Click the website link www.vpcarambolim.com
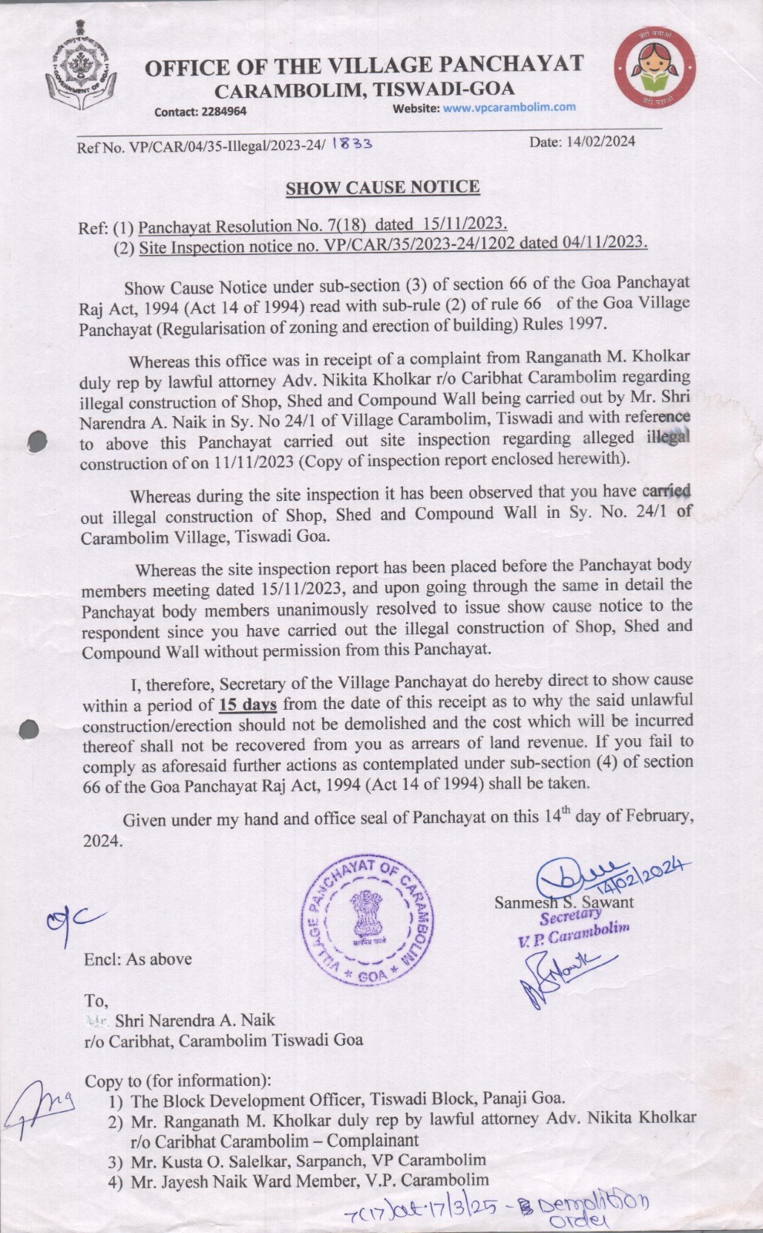(509, 107)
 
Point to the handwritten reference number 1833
(351, 143)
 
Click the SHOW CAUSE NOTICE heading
(382, 187)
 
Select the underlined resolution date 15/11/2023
(464, 223)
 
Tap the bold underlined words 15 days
(247, 704)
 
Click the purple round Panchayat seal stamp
(367, 922)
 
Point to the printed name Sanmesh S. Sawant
(563, 902)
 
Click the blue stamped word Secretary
(570, 916)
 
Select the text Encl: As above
(138, 959)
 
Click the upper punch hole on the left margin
(36, 442)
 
